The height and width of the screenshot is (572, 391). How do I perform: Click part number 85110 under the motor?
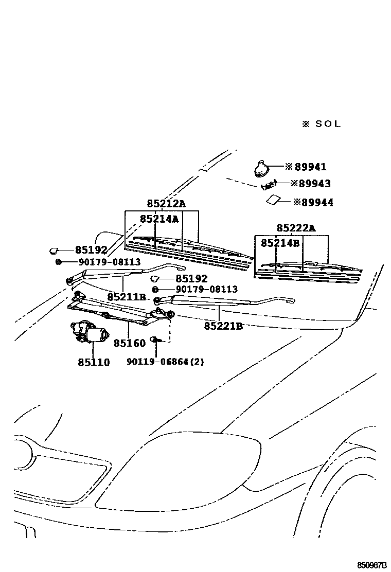(x=94, y=362)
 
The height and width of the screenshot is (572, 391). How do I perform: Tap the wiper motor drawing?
(x=90, y=331)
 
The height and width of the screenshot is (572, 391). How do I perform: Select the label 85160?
(x=130, y=343)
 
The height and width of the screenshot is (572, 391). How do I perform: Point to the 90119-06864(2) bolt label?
(x=165, y=362)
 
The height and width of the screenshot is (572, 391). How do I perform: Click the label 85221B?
(x=223, y=326)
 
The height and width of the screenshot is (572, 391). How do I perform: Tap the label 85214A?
(x=159, y=219)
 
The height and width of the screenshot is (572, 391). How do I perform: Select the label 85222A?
(x=296, y=228)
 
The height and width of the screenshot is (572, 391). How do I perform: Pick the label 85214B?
(x=280, y=243)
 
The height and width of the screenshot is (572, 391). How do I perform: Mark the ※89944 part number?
(x=313, y=203)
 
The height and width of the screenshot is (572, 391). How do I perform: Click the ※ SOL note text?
(x=321, y=124)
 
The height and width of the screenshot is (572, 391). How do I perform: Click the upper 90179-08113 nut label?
(x=110, y=262)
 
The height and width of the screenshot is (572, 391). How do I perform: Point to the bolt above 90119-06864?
(x=155, y=339)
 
